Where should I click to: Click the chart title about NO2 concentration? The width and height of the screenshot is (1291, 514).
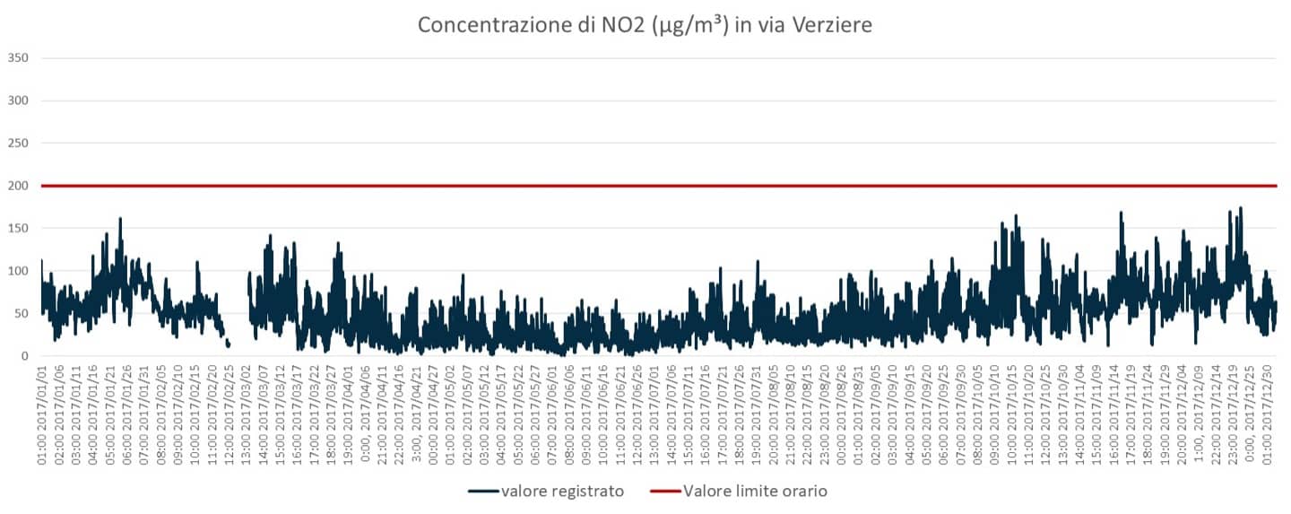tap(645, 25)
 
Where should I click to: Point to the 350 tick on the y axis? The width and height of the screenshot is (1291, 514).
tap(18, 58)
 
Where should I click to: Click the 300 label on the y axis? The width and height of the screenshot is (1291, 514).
tap(18, 100)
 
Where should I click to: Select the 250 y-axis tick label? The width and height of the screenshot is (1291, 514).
tap(18, 144)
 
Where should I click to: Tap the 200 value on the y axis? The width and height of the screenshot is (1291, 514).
tap(18, 186)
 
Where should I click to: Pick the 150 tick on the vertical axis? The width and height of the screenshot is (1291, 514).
tap(18, 229)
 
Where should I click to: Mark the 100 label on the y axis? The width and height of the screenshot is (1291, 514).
tap(18, 271)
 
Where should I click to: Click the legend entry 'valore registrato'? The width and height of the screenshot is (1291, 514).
tap(562, 491)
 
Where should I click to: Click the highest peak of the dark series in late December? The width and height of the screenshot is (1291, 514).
tap(1241, 208)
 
